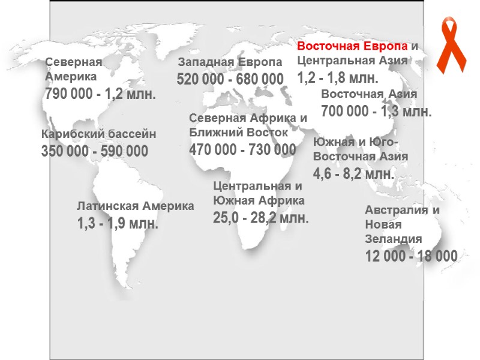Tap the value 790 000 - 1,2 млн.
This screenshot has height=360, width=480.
pyautogui.click(x=101, y=94)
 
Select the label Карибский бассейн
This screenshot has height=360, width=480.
pyautogui.click(x=98, y=134)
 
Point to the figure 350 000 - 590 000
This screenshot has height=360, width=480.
pyautogui.click(x=95, y=152)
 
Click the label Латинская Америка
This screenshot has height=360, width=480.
pyautogui.click(x=136, y=206)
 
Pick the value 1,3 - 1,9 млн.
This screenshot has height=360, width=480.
pyautogui.click(x=118, y=224)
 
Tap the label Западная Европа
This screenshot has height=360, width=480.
pyautogui.click(x=230, y=62)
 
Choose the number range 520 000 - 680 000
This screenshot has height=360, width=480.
pyautogui.click(x=230, y=79)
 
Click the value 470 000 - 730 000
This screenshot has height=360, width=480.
pyautogui.click(x=242, y=149)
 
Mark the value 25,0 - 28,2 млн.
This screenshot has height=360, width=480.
pyautogui.click(x=261, y=217)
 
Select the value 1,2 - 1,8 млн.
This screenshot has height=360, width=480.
pyautogui.click(x=338, y=77)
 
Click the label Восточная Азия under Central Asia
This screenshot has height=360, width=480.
pyautogui.click(x=369, y=94)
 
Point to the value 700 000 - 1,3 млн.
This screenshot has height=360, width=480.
pyautogui.click(x=376, y=111)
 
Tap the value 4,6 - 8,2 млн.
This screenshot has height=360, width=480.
pyautogui.click(x=354, y=174)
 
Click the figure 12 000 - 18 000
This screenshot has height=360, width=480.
pyautogui.click(x=412, y=256)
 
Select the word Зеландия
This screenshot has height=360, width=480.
pyautogui.click(x=394, y=238)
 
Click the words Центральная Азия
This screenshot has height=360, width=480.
pyautogui.click(x=353, y=61)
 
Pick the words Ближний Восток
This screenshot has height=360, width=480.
pyautogui.click(x=238, y=132)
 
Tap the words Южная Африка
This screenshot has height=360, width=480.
pyautogui.click(x=259, y=200)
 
